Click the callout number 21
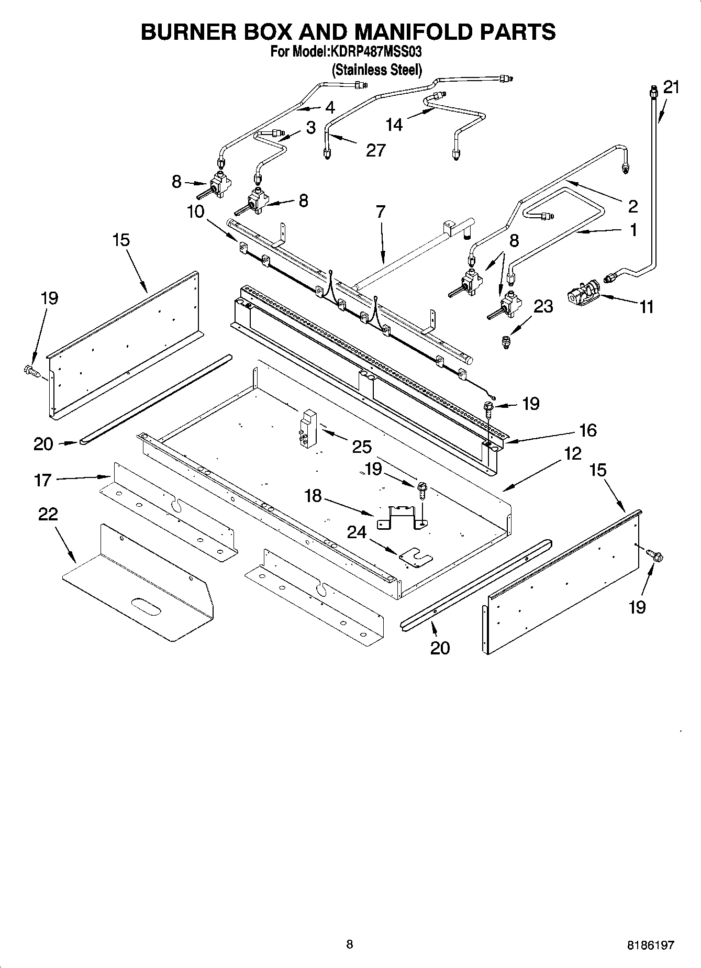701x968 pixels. (671, 87)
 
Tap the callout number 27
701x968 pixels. (375, 150)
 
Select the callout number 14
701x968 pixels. (394, 125)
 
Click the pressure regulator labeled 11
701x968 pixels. (582, 292)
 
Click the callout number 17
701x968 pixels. (43, 480)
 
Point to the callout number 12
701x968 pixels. (573, 453)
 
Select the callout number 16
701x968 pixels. (588, 430)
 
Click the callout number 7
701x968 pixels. (381, 212)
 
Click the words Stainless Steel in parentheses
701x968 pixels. (376, 70)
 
